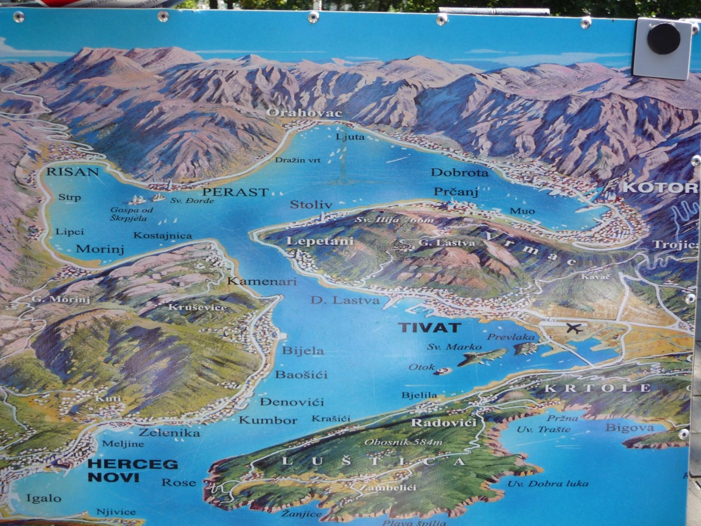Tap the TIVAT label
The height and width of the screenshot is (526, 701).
[421, 328]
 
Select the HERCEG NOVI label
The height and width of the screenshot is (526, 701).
[124, 470]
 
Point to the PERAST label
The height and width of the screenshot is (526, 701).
[235, 192]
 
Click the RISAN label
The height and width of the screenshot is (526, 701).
[72, 172]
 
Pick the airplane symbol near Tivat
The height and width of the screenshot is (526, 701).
[573, 328]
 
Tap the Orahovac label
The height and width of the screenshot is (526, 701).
[295, 113]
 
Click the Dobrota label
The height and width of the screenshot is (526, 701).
[460, 173]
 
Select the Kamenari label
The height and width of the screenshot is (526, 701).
[262, 281]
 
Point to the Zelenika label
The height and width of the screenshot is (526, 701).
[161, 433]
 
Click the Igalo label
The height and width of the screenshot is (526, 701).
[43, 498]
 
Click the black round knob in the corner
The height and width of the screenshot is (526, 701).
[663, 39]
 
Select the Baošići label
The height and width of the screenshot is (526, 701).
[301, 375]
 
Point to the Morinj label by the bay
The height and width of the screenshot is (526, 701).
[100, 249]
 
